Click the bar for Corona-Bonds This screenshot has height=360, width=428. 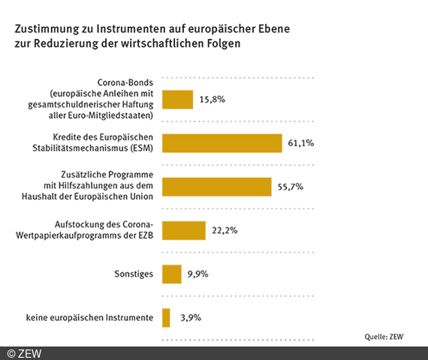[177, 99]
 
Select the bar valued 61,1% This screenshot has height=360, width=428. [222, 142]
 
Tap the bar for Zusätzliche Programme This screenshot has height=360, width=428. [216, 186]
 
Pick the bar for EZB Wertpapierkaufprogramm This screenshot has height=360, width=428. [183, 230]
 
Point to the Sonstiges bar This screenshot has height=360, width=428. [171, 274]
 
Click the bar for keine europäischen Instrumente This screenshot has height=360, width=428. [166, 318]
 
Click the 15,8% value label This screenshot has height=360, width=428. [212, 99]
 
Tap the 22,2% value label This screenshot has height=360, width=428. [225, 230]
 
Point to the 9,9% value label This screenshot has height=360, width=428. [198, 274]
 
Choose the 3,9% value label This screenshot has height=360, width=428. [190, 318]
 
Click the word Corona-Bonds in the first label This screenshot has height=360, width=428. [125, 82]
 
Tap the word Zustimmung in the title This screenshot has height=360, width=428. [46, 29]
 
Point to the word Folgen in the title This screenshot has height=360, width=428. [222, 44]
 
